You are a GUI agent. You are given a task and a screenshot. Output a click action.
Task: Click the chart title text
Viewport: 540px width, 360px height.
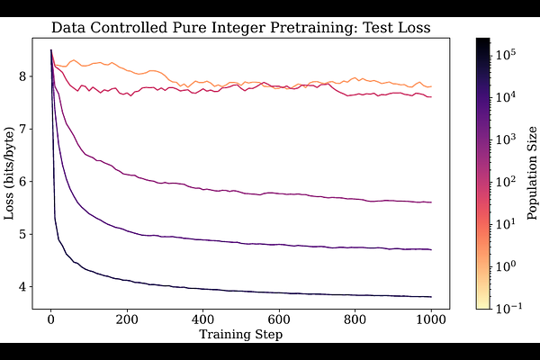pos(241,28)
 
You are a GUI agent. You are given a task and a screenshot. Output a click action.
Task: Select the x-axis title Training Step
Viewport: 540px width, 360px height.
pos(241,335)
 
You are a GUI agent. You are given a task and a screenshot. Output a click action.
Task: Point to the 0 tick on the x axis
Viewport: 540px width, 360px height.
pos(51,319)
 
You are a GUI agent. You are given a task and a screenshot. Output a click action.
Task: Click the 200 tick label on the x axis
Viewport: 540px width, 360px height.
pos(127,319)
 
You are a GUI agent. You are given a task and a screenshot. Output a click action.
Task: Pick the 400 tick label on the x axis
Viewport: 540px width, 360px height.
pos(203,319)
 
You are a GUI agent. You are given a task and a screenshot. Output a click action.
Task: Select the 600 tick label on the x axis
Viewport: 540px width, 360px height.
pos(279,319)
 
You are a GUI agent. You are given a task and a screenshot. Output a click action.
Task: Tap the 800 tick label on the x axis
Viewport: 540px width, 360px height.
pos(355,319)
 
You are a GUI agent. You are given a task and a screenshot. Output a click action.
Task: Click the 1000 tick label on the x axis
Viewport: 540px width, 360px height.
pos(431,319)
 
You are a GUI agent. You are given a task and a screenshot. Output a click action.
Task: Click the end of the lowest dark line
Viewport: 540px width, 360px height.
pos(432,297)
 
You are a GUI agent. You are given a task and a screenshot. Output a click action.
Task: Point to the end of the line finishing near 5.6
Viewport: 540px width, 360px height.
pos(432,202)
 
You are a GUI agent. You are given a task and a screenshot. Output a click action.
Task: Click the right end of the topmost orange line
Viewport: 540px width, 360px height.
pos(432,86)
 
